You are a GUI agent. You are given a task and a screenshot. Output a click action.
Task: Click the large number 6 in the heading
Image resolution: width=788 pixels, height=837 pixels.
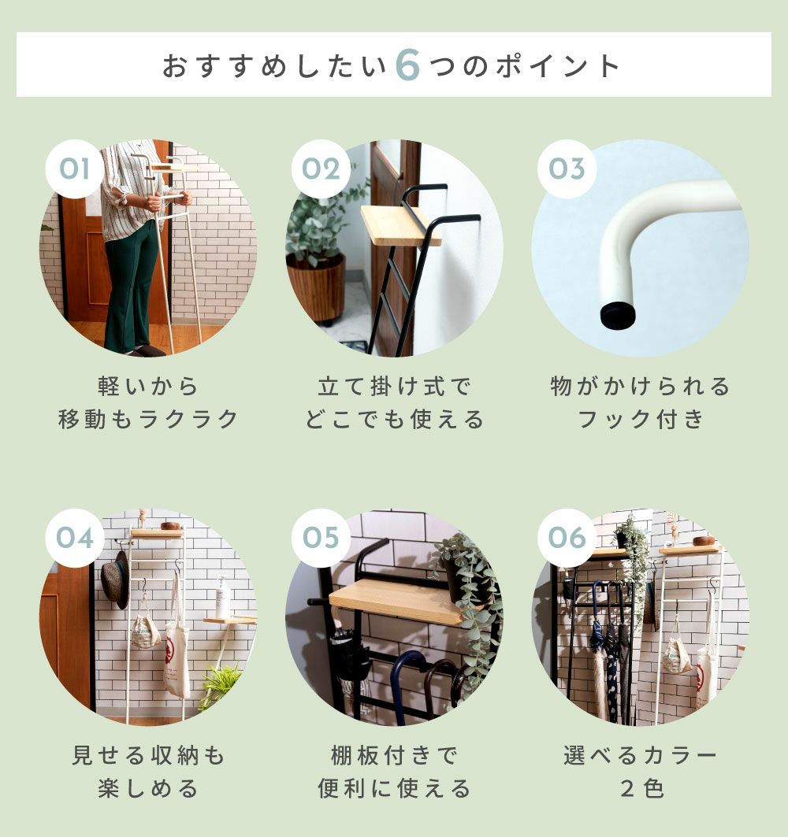coord(407,66)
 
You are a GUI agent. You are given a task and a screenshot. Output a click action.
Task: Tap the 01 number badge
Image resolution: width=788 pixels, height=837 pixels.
coord(74,169)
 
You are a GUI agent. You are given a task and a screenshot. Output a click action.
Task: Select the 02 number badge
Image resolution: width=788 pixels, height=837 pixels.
coord(321,169)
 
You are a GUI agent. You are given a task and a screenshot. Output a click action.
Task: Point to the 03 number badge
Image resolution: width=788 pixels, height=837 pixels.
coord(567,169)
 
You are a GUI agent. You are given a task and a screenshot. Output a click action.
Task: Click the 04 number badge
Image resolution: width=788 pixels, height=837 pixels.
coord(74,538)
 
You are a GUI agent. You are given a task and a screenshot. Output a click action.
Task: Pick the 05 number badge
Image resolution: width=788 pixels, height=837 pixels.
coord(321,538)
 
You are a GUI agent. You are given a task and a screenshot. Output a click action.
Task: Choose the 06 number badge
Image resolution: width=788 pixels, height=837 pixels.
coord(567,538)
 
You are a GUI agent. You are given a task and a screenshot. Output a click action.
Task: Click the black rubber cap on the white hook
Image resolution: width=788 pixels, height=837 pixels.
coord(618,316)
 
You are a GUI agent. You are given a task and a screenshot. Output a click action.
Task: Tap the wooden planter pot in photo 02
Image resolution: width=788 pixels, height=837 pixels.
coord(315,287)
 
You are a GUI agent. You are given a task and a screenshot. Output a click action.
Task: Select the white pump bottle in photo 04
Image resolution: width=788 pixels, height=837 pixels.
coord(222,597)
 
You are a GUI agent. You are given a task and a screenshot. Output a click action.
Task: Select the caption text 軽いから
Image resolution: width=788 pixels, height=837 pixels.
coord(148,386)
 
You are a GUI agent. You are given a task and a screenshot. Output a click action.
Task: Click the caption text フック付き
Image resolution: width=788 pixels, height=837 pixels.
coord(641,420)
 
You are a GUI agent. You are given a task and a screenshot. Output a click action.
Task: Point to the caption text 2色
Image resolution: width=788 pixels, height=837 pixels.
coord(641,788)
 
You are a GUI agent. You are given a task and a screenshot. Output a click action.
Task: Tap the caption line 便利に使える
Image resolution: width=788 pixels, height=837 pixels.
coord(394,788)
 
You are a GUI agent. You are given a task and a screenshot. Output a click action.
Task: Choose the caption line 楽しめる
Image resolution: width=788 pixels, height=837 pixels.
coord(148,788)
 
